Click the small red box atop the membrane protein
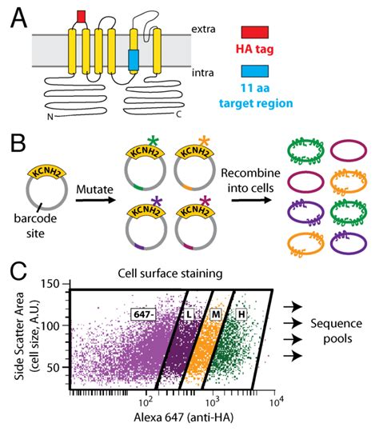(80, 17)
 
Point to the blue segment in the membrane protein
(134, 58)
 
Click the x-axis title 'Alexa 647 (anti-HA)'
(173, 423)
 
